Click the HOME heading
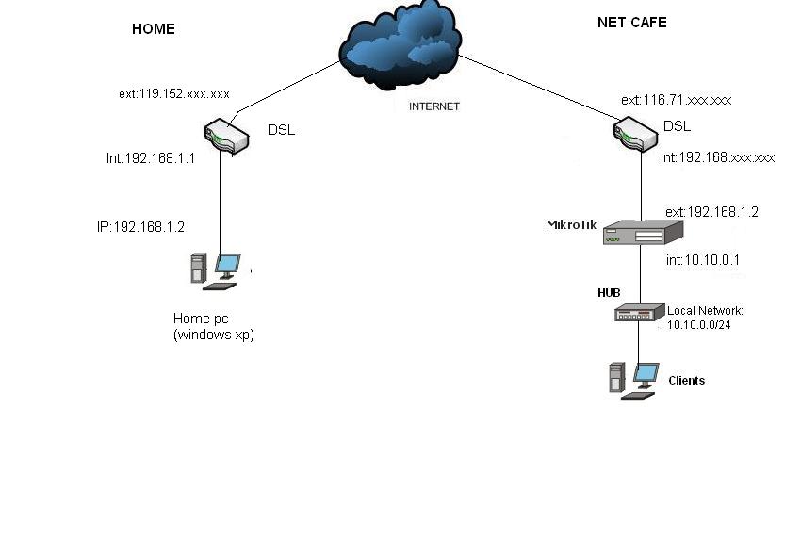click(x=153, y=29)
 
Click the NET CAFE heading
click(x=631, y=23)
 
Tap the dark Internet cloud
click(x=401, y=47)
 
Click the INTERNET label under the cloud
click(x=433, y=106)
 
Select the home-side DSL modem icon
click(x=226, y=136)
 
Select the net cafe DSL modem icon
click(x=635, y=133)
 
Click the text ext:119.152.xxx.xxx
click(x=174, y=94)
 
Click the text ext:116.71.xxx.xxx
click(x=676, y=100)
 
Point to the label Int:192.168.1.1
click(x=151, y=158)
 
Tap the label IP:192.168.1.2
click(x=140, y=227)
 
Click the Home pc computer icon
click(x=216, y=270)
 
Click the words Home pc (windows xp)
click(x=213, y=327)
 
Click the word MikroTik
click(x=571, y=225)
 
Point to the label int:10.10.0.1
click(x=703, y=260)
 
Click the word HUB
click(x=609, y=293)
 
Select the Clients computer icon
click(x=633, y=380)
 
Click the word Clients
click(x=686, y=381)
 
